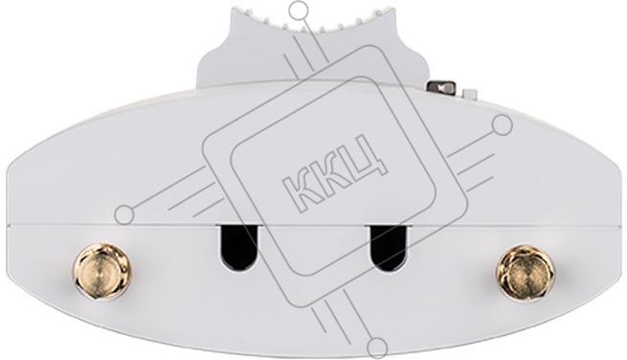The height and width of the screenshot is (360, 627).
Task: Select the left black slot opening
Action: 237,248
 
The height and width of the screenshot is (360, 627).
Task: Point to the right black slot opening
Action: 389,248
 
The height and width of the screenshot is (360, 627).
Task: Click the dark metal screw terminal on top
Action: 441,87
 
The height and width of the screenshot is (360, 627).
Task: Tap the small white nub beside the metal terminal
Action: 469,93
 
